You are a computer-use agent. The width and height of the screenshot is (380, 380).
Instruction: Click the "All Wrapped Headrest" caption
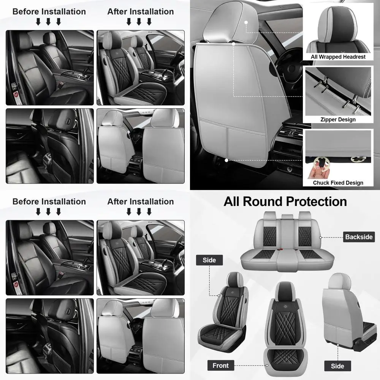click(x=338, y=57)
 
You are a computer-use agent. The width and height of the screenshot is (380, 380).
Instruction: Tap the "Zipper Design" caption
click(x=338, y=119)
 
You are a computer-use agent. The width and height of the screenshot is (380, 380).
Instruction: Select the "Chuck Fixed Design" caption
click(x=338, y=183)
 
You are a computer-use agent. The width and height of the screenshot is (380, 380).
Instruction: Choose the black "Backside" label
click(x=359, y=237)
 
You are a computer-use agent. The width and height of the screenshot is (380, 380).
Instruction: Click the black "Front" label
click(x=220, y=366)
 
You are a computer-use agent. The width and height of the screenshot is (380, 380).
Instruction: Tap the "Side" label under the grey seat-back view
click(x=337, y=366)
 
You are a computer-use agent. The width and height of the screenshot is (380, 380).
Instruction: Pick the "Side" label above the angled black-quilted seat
click(x=209, y=260)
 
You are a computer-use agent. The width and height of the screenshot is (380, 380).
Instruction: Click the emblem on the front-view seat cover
click(x=287, y=294)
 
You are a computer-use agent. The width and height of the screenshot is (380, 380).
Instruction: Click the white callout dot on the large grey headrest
click(x=246, y=22)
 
